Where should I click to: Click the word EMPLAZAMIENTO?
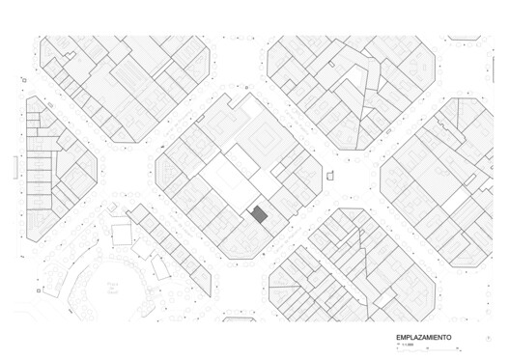click(x=423, y=338)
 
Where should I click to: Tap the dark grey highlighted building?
click(x=259, y=215)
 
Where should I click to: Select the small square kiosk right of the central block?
click(x=330, y=176)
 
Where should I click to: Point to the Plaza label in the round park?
click(x=113, y=286)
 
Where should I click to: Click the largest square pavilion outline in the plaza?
click(x=122, y=235)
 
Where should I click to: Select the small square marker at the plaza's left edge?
click(x=40, y=290)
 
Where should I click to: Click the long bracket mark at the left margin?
click(x=14, y=167)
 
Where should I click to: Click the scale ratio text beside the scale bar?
click(x=406, y=345)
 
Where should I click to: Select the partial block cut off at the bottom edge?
click(x=239, y=316)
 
